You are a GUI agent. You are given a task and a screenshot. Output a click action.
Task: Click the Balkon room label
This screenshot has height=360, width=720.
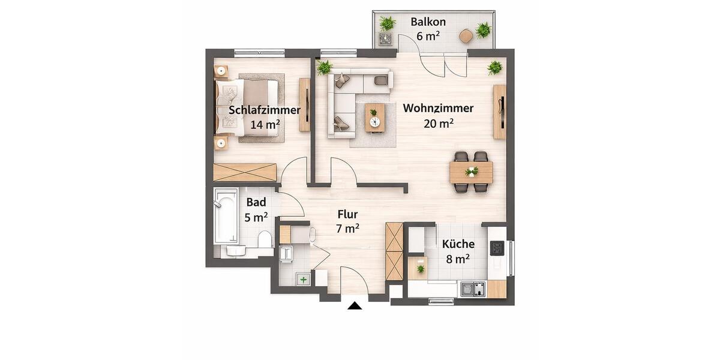(428, 22)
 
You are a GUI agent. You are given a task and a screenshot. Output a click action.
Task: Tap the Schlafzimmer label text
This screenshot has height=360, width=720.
(265, 110)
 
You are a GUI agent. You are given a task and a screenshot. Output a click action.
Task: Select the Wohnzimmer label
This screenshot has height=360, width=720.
(438, 109)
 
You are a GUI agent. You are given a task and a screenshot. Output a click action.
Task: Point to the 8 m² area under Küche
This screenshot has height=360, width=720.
(458, 259)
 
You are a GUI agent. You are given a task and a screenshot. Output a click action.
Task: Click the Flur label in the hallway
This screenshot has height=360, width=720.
(347, 214)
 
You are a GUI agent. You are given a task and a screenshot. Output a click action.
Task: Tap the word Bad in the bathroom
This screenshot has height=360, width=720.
(256, 202)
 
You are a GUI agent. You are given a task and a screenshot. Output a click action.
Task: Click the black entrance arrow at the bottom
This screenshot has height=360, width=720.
(355, 306)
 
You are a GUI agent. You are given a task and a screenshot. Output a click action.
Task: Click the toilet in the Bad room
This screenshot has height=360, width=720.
(265, 241)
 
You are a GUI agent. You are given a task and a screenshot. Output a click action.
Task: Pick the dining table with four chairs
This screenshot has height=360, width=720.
(471, 172)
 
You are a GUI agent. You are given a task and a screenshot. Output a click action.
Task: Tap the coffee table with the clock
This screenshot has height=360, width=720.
(374, 117)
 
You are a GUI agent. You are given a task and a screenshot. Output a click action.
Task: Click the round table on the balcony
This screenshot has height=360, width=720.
(466, 36)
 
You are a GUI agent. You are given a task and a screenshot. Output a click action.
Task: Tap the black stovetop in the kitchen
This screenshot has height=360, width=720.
(497, 248)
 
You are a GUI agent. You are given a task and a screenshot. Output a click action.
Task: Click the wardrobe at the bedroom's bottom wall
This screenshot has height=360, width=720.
(245, 172)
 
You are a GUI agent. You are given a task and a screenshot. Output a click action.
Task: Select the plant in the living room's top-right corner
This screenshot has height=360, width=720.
(495, 67)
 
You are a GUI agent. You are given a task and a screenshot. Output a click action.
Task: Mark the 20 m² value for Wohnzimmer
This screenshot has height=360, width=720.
(438, 124)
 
